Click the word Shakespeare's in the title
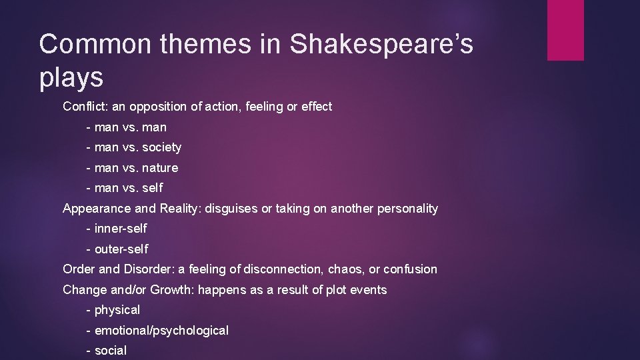click(381, 45)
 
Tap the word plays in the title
click(71, 78)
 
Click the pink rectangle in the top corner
click(565, 30)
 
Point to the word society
click(161, 147)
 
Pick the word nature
click(160, 168)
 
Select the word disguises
click(231, 209)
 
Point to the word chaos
click(346, 269)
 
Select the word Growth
click(171, 290)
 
